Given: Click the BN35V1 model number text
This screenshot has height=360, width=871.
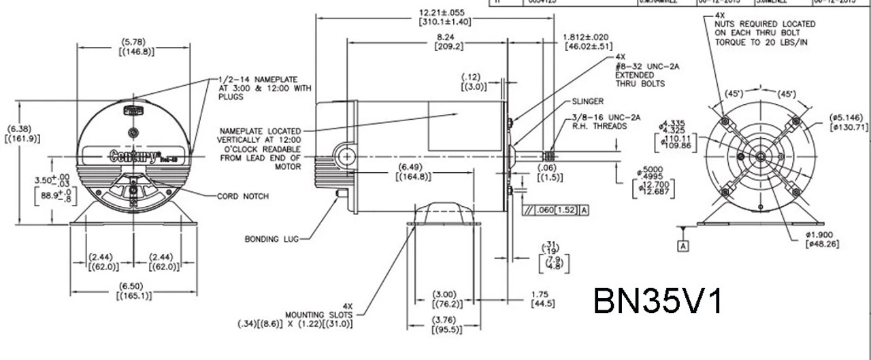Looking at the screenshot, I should click(658, 300).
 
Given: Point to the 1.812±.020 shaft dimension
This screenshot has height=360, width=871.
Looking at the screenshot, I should click(586, 37).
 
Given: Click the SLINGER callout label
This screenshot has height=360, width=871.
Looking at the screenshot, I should click(588, 101).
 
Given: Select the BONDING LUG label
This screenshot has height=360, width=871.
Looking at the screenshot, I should click(271, 239).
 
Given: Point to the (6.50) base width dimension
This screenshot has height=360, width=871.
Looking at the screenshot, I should click(134, 287).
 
